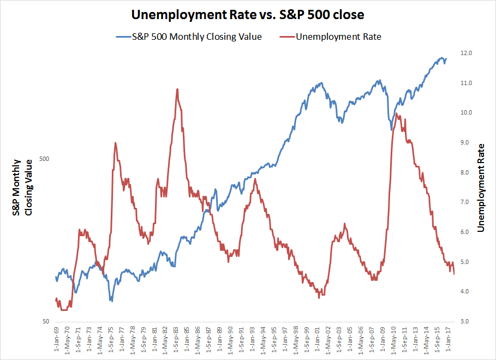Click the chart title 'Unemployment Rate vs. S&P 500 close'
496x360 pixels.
coord(247,14)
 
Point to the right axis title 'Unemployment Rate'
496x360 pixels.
coord(481,188)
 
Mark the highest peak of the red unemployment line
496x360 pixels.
coord(177,89)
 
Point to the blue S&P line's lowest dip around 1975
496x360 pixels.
coord(111,301)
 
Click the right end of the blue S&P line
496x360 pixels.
coord(446,59)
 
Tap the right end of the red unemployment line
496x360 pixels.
coord(454,274)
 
